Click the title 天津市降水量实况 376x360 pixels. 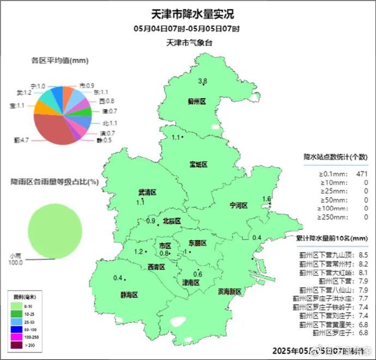coord(187,15)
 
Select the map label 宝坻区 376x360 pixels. coord(199,164)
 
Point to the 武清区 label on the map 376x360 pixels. coord(147,192)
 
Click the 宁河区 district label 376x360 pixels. coord(239,205)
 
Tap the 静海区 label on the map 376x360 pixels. coord(129,295)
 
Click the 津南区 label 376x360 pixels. coord(191,283)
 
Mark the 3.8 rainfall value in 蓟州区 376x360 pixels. coord(202,81)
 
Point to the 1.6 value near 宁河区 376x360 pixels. coord(266,199)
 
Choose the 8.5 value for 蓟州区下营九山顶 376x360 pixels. coord(364,254)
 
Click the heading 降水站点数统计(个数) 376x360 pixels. coord(336,157)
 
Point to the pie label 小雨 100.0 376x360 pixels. coord(15,260)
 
